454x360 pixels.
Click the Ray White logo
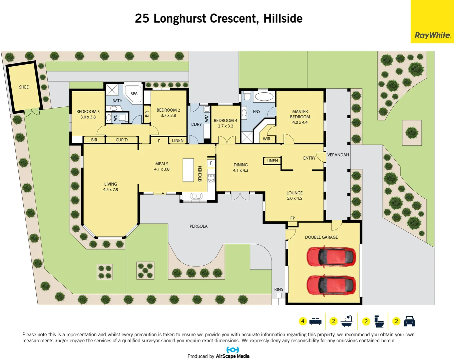pos(432,35)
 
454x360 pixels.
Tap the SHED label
pos(24,87)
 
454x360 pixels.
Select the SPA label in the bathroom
pos(134,94)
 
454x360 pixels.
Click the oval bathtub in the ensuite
pos(264,97)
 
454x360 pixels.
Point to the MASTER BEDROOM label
pos(300,114)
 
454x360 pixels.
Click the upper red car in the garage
pos(331,257)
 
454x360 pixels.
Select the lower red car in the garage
pos(331,285)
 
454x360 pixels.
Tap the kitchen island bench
pos(188,170)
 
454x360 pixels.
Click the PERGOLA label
pos(198,226)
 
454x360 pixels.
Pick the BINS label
pos(279,290)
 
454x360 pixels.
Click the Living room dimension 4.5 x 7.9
pos(111,190)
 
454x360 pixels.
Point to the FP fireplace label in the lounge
pos(293,218)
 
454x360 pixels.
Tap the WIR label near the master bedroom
pos(267,139)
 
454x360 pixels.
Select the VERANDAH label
pos(338,155)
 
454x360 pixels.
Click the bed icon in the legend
pos(315,321)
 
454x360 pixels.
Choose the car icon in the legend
pos(409,321)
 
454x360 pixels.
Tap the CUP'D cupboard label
pos(121,140)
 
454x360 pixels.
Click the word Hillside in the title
pos(283,18)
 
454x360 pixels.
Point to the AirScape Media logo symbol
pos(233,350)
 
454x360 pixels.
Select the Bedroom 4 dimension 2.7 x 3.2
pos(225,126)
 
